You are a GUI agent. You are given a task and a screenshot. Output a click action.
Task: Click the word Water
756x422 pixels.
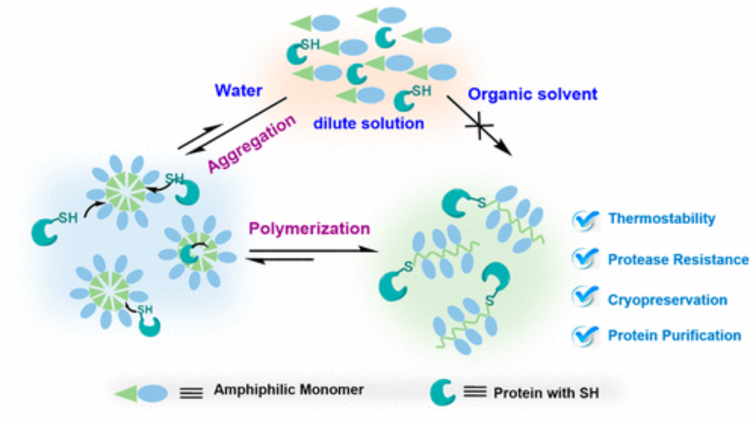coord(238,90)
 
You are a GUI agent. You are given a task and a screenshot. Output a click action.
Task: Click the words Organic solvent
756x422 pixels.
coord(532,94)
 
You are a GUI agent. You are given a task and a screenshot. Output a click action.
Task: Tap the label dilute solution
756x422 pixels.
coord(369,123)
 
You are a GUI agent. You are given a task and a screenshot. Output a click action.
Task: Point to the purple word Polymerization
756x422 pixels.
coord(309,228)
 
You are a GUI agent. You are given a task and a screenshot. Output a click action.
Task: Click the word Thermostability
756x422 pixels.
coord(662,219)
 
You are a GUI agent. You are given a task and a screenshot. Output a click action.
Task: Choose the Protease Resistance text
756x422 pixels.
coord(678,259)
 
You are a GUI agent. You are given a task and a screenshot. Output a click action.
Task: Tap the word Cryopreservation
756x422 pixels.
coord(668,300)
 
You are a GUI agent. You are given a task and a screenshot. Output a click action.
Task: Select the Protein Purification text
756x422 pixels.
coord(674,335)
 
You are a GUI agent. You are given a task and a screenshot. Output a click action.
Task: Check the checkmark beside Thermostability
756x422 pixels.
coord(585,220)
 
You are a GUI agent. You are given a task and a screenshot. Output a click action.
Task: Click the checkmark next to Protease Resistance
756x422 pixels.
coord(585,260)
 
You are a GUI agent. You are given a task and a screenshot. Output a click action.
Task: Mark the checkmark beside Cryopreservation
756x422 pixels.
coord(585,299)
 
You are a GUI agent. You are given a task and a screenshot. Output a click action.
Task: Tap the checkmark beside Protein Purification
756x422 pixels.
coord(585,336)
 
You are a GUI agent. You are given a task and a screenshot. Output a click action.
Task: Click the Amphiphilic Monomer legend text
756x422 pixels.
coord(289,390)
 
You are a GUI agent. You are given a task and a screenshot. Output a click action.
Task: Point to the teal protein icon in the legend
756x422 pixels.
coord(442,392)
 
